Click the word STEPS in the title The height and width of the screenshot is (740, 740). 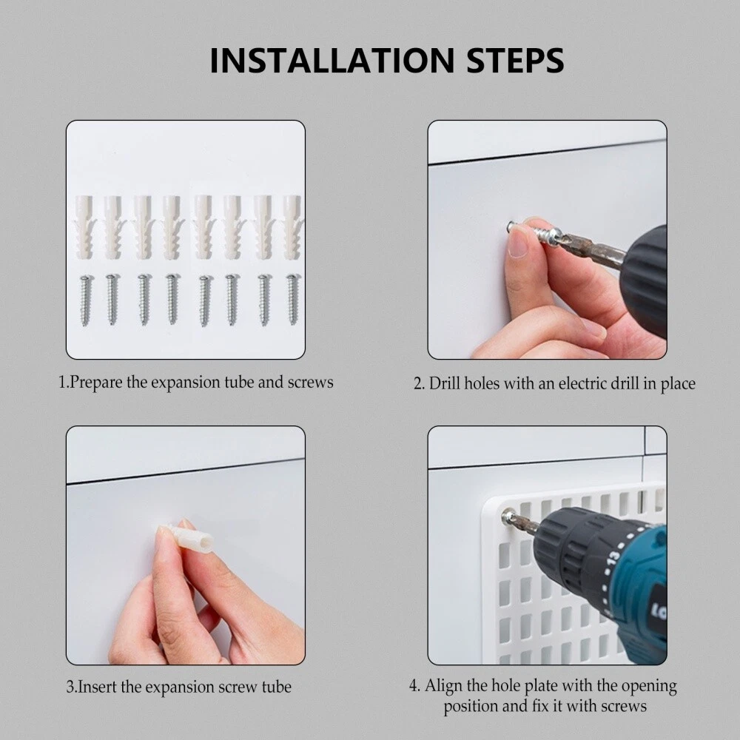point(515,61)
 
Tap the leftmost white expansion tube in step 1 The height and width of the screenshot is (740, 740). point(84,227)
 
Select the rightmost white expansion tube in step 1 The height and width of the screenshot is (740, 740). point(292,227)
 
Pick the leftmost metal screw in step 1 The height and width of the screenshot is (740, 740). point(85,300)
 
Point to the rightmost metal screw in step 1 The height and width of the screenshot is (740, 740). point(292,299)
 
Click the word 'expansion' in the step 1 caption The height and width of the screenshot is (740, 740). point(186,383)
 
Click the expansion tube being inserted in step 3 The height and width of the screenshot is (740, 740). point(189,537)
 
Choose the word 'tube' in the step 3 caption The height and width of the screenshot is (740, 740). point(277,687)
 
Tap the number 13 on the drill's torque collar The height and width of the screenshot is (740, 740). point(613,557)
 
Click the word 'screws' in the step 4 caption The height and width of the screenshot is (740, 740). point(622,707)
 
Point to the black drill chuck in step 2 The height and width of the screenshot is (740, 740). point(645,281)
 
